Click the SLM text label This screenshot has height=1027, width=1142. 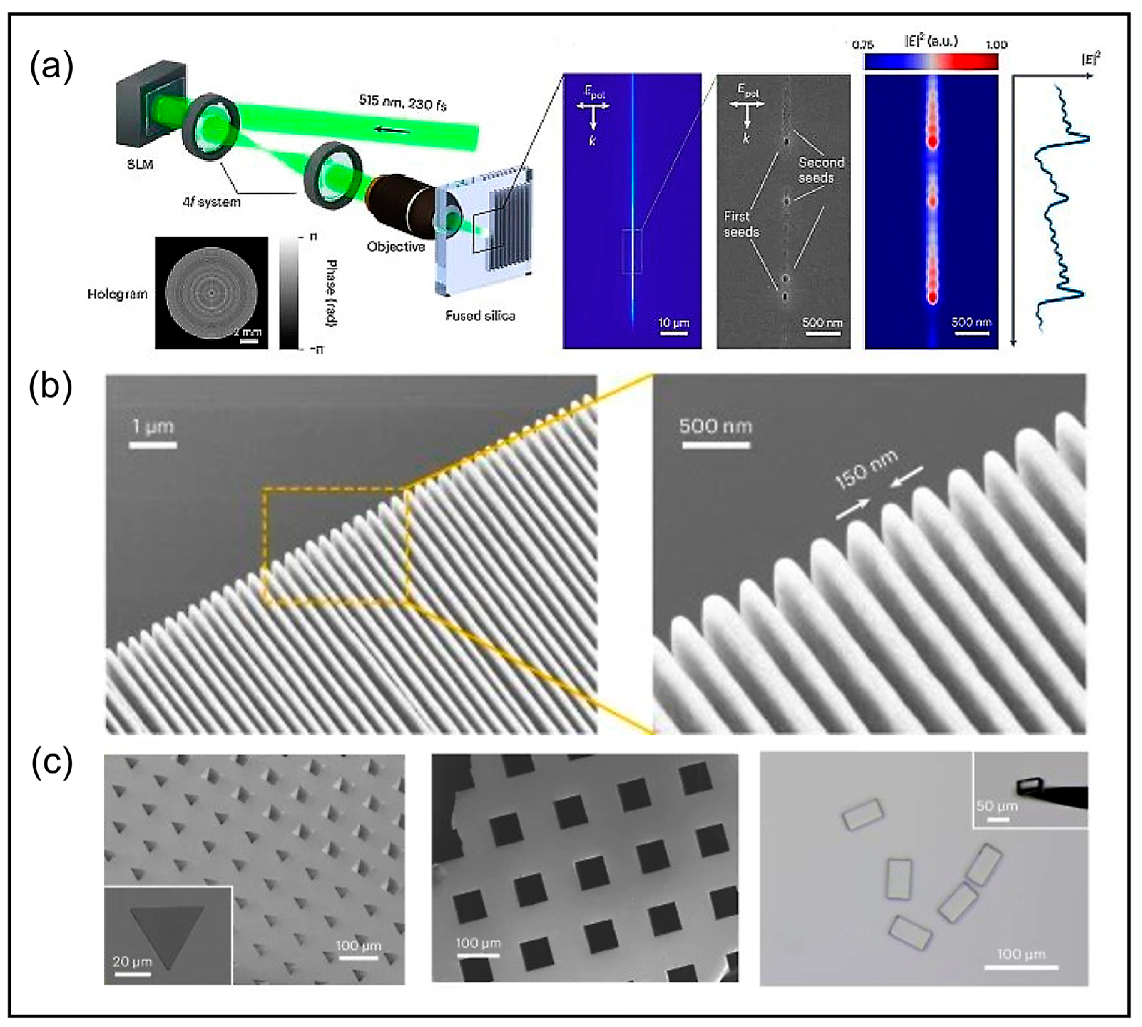point(139,165)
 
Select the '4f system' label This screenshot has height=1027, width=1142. point(211,202)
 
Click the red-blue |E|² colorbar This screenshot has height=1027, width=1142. point(931,61)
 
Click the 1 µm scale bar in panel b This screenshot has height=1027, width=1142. point(153,446)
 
